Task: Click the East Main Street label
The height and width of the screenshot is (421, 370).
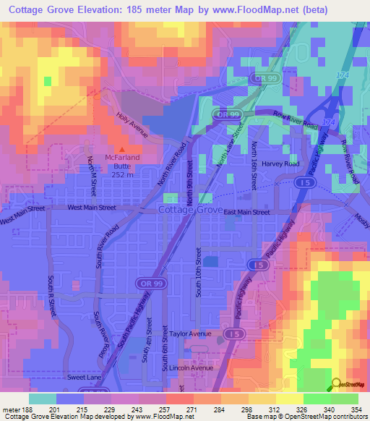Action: (x=246, y=213)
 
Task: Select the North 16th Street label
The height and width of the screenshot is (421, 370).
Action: (x=254, y=166)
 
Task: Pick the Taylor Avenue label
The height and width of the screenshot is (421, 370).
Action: (x=191, y=333)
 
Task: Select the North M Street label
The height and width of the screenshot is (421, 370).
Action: (x=92, y=175)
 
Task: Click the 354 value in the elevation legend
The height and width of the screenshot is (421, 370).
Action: (x=356, y=411)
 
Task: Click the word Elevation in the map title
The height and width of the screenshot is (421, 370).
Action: (x=115, y=10)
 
